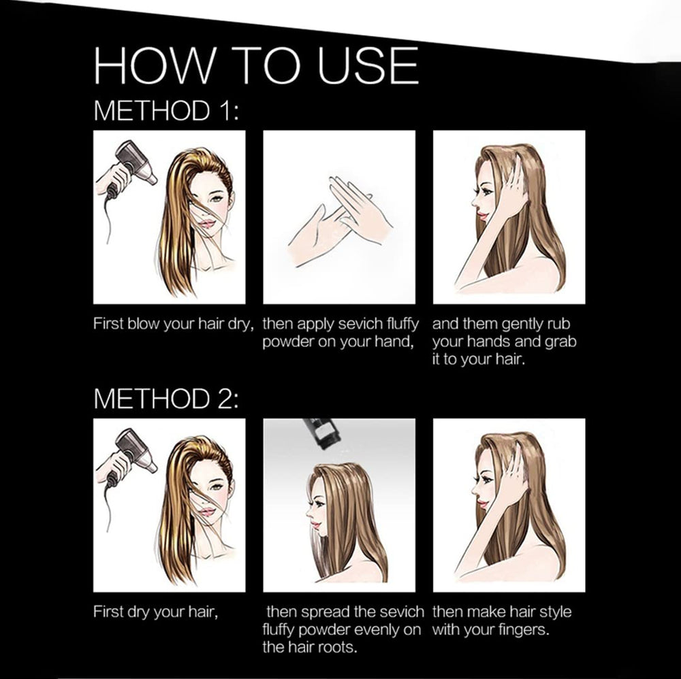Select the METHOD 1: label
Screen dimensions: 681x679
166,110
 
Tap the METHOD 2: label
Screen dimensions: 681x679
166,398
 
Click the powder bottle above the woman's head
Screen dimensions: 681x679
318,433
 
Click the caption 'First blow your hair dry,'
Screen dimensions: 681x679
173,325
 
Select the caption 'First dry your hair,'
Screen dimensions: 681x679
155,612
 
